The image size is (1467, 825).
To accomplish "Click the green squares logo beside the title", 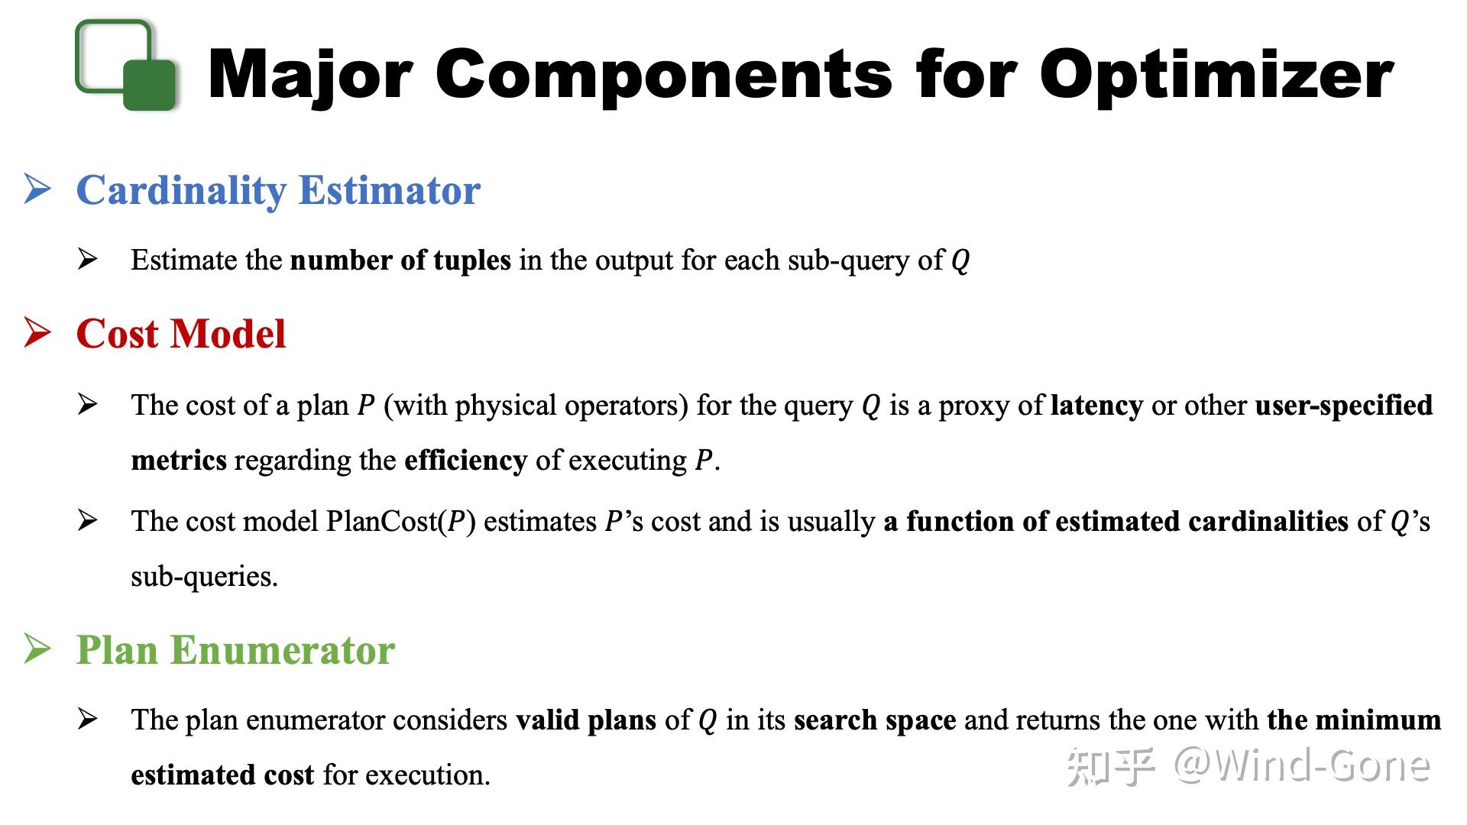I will coord(127,66).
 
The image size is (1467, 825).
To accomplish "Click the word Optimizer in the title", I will coord(1216,75).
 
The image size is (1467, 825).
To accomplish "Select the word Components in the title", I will coord(663,75).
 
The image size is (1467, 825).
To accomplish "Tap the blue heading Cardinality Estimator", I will coord(278,190).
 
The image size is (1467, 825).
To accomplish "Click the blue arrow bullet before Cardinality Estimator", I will coord(37,189).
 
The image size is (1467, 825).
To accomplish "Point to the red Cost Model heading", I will coord(181,334).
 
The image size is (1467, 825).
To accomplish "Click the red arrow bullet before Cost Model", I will coord(37,332).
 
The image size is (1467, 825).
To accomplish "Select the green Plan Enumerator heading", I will coord(235,650).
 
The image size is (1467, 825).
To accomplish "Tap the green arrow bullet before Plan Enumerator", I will coord(37,649).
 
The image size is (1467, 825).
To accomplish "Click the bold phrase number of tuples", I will coord(400,260).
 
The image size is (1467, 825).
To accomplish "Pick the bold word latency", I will coord(1096,405).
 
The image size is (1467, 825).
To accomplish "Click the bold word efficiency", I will coord(465,461).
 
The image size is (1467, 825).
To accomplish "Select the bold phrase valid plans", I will coord(585,720).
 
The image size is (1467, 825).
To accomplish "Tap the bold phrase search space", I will coord(875,720).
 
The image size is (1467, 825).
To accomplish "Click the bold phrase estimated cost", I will coord(222,775).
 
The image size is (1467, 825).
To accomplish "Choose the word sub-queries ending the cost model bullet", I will coord(203,577).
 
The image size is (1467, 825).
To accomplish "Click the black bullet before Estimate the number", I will coord(88,260).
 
